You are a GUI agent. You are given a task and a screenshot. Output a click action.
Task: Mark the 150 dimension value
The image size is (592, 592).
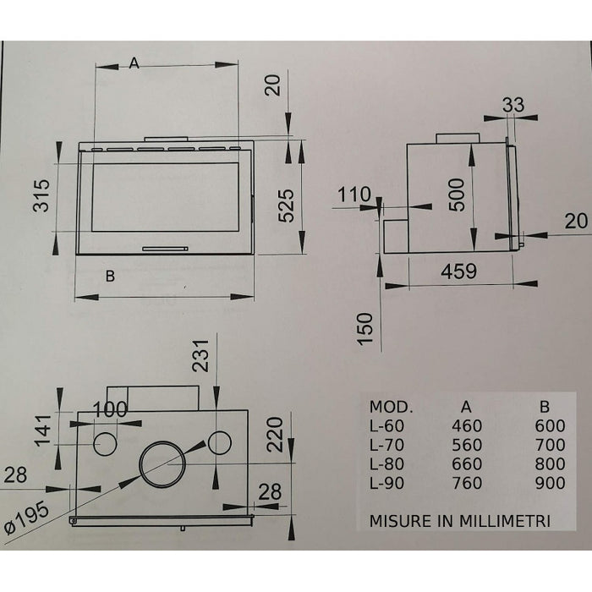365,329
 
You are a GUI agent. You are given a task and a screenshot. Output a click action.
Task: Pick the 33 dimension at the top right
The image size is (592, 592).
513,105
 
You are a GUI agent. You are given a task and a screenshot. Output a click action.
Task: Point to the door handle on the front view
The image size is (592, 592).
165,249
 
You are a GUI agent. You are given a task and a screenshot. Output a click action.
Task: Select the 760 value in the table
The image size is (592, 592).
466,484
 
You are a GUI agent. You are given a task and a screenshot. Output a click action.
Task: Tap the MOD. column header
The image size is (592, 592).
391,404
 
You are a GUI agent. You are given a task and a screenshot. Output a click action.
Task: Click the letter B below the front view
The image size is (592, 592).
111,276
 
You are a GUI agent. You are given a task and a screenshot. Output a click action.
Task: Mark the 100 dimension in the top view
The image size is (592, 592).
109,409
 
